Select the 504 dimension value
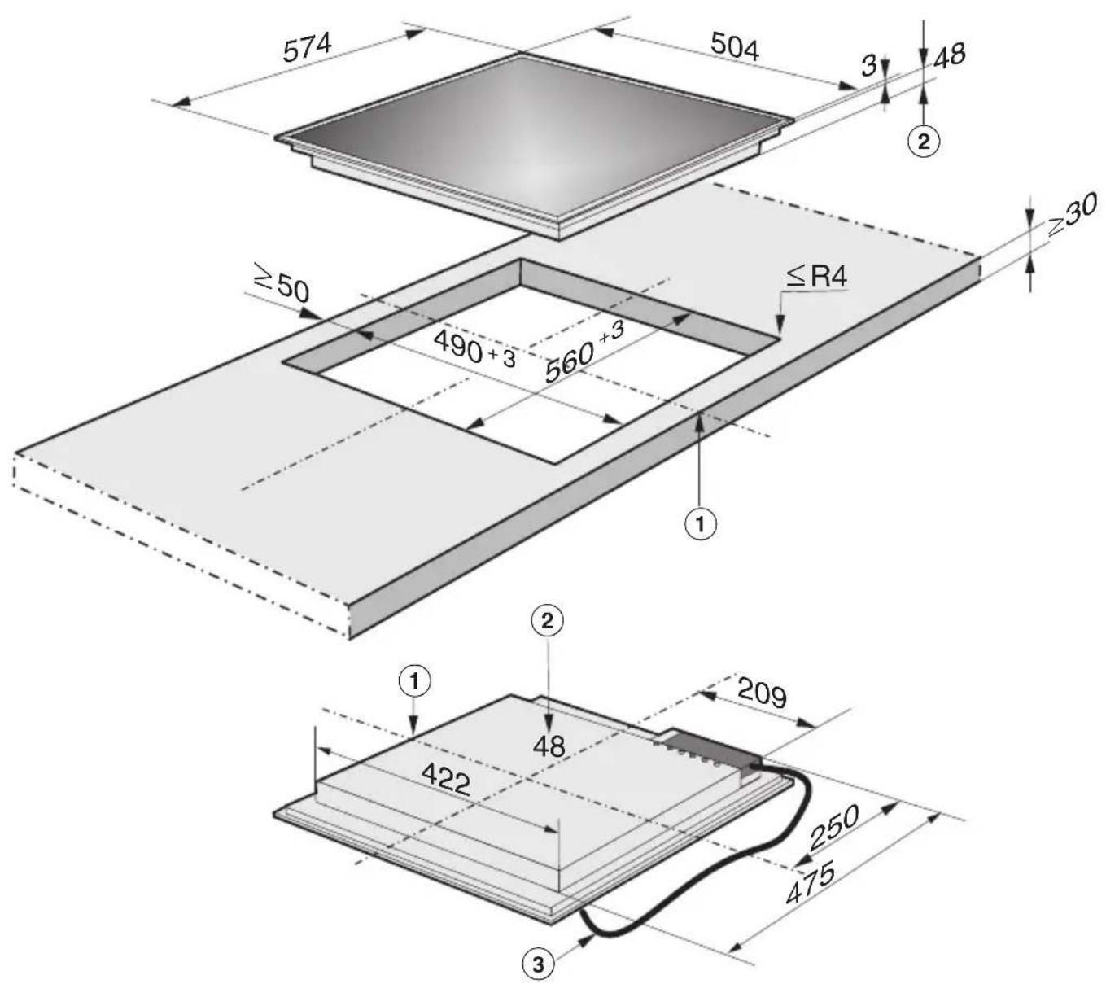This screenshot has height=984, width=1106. (x=734, y=46)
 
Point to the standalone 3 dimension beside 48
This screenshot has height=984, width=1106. (x=869, y=66)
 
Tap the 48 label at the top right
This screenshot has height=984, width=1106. (x=949, y=55)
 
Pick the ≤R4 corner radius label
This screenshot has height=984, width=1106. (x=817, y=276)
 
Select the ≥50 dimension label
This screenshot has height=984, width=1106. (x=282, y=283)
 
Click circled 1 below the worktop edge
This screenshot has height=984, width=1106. (x=701, y=524)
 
